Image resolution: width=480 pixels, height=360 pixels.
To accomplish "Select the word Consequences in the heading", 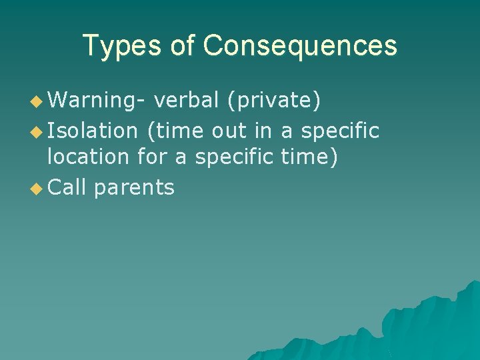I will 300,46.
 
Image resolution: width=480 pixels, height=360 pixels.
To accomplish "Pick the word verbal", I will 186,100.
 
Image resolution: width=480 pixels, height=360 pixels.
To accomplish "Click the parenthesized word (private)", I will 274,100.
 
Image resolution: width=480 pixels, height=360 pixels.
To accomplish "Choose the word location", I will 88,158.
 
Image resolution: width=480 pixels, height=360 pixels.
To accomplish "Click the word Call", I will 68,187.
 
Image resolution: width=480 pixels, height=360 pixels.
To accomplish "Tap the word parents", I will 134,188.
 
